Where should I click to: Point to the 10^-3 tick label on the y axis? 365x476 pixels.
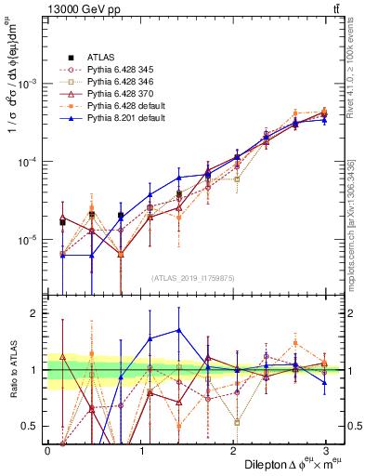coord(28,83)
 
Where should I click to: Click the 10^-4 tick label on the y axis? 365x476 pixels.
coord(28,162)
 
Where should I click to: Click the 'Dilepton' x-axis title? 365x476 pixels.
coord(268,463)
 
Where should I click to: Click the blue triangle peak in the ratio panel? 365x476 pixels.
coord(178,330)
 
